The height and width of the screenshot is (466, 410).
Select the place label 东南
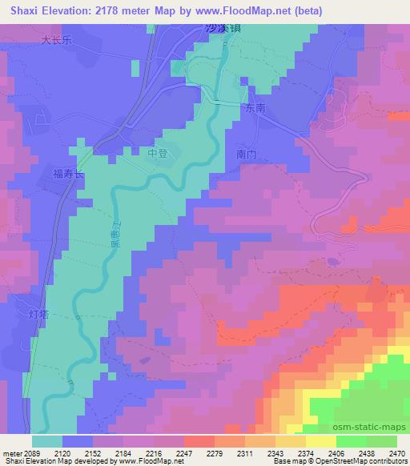click(255, 106)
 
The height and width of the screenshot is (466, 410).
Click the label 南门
click(247, 153)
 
